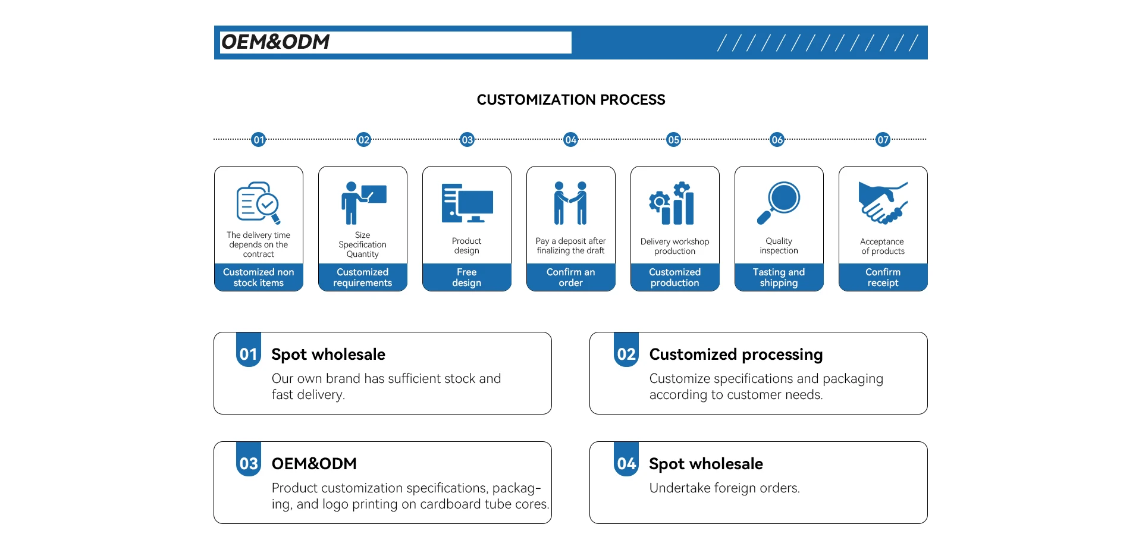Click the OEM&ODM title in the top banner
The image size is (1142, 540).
pos(275,42)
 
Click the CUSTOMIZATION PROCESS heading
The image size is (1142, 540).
pos(571,100)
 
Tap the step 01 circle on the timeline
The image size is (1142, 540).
pos(258,140)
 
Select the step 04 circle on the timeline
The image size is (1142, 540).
pos(570,140)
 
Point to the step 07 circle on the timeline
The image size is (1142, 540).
pos(883,140)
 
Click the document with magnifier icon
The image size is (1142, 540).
pos(258,203)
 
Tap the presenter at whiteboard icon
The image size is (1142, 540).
pos(363,203)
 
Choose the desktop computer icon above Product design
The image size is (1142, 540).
pos(467,203)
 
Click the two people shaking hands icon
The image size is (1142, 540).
pos(570,203)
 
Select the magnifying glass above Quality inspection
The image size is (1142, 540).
pos(779,203)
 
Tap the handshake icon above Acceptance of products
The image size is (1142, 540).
pos(883,203)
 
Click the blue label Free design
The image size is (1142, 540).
pos(467,277)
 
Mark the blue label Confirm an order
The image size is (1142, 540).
pos(570,277)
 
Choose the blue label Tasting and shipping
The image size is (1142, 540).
pos(779,277)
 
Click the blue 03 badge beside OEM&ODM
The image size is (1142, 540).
pos(249,463)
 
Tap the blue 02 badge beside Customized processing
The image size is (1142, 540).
pos(626,354)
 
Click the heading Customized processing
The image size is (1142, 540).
pos(736,354)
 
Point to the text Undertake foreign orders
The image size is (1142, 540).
pos(724,488)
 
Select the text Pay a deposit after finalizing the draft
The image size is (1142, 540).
pos(570,246)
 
